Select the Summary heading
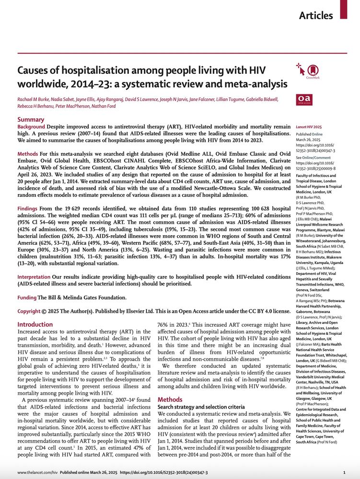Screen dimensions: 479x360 point(32,119)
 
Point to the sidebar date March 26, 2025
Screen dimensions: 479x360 point(308,139)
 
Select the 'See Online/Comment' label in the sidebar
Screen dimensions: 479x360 point(313,158)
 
